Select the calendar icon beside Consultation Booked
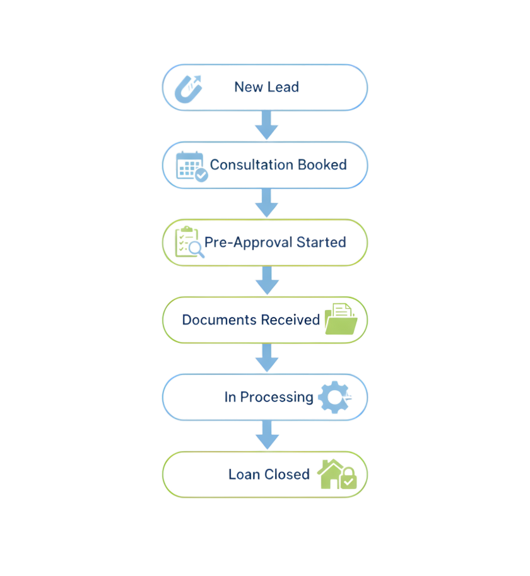192,166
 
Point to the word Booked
322,165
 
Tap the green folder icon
341,318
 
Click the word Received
291,320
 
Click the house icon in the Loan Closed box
337,475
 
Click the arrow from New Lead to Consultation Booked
266,125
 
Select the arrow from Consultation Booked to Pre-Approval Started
266,202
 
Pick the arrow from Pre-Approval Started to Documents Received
266,280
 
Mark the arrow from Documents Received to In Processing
266,358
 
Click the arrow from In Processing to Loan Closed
266,435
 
